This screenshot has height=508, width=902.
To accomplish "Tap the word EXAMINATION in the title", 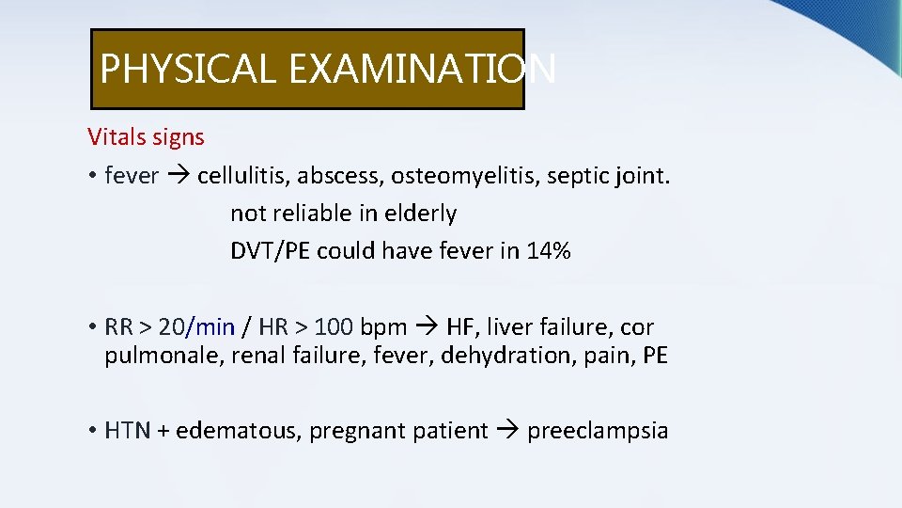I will (423, 69).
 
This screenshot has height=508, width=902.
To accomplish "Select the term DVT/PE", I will (271, 251).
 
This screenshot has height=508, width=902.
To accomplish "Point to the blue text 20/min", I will (196, 327).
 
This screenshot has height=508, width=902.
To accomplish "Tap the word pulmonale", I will (160, 357).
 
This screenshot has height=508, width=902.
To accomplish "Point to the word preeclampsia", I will (598, 431).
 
